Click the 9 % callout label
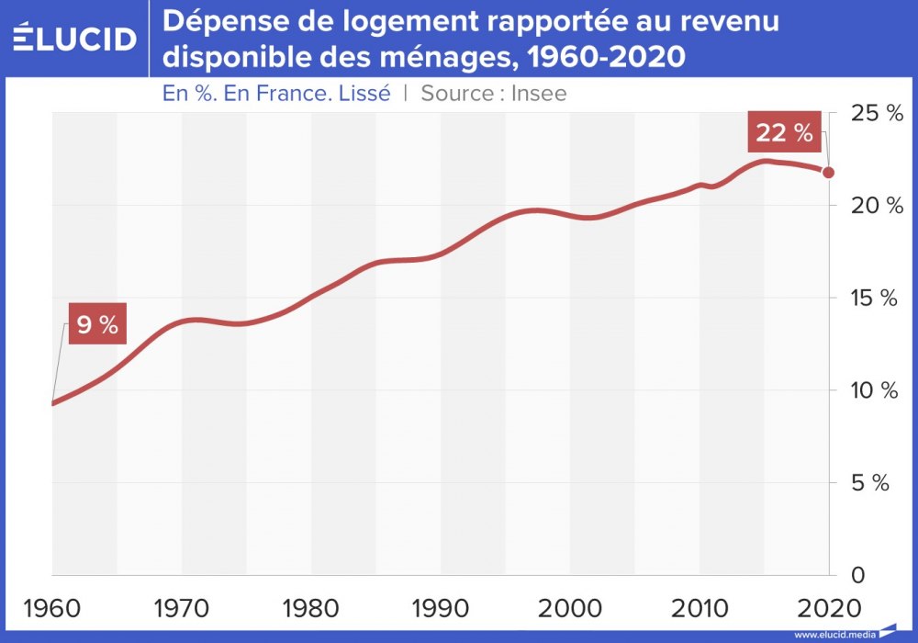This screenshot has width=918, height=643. (96, 326)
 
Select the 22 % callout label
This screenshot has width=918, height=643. (784, 133)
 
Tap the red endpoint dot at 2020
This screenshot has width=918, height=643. (828, 172)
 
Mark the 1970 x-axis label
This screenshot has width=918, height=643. (182, 609)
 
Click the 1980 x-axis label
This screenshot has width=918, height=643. (311, 609)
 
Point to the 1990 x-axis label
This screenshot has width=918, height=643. (441, 609)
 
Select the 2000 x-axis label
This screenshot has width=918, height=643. (570, 609)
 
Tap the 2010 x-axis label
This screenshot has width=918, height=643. (700, 609)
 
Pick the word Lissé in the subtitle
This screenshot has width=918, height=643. (365, 93)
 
